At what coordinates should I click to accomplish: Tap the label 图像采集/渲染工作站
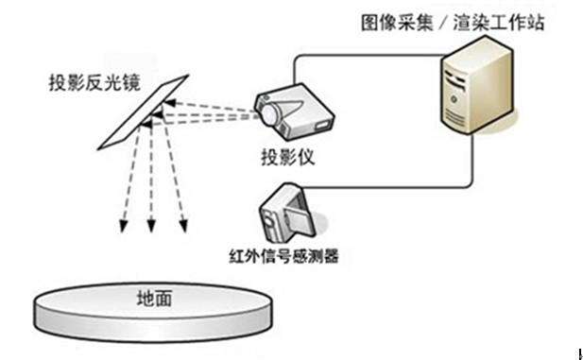[453, 23]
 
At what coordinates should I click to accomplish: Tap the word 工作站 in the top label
[521, 23]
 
